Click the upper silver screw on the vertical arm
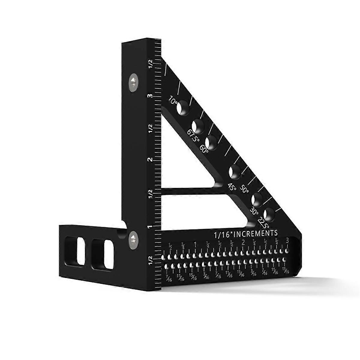[133, 80]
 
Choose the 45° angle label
[232, 187]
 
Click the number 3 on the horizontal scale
[288, 240]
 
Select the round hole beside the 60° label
[212, 142]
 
